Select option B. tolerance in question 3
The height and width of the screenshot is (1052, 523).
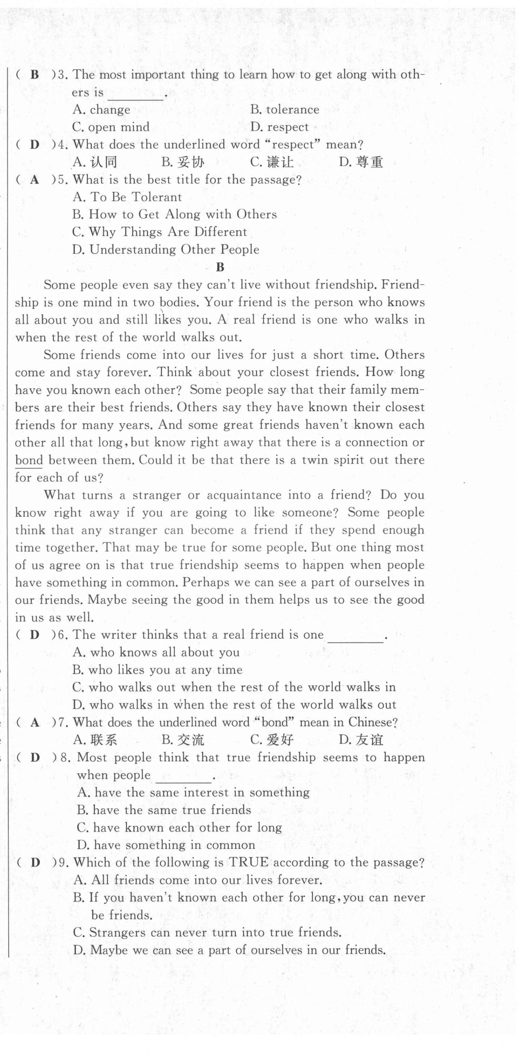pos(285,110)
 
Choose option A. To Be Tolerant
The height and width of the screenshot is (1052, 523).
pos(127,197)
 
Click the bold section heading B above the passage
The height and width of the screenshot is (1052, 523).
pos(220,267)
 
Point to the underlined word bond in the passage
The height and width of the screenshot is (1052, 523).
pos(29,460)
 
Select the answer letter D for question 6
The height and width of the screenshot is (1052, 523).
pos(35,635)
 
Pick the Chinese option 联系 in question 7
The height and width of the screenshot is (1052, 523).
pos(104,740)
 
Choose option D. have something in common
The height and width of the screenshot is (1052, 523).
pos(166,845)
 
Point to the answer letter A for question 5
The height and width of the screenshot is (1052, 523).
pos(35,180)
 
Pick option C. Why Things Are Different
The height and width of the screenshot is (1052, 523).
pos(160,232)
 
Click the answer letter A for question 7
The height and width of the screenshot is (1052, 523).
pos(35,722)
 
